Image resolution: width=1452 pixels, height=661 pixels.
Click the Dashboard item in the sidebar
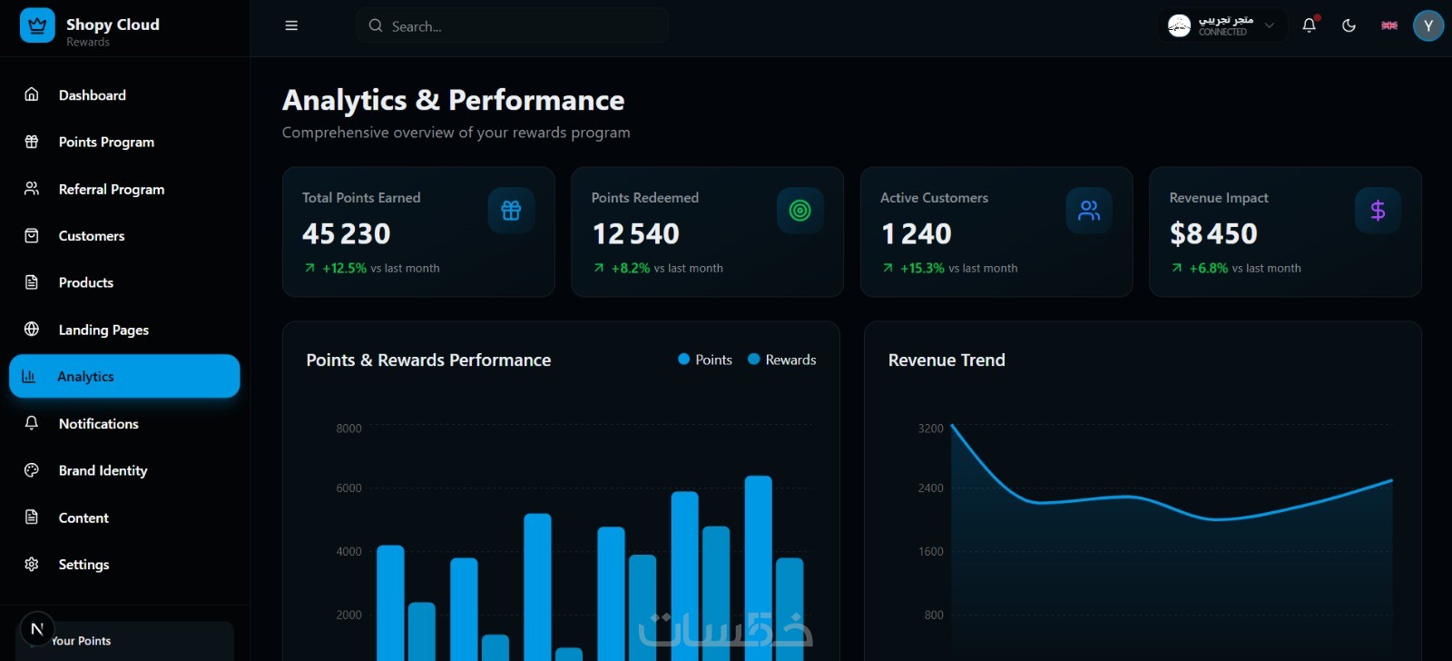point(92,95)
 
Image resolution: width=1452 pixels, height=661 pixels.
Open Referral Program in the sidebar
point(111,189)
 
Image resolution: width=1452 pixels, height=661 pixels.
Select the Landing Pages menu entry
point(103,330)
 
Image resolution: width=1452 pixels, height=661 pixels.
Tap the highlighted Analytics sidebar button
point(124,376)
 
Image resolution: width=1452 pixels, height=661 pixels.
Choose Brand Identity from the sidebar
point(103,470)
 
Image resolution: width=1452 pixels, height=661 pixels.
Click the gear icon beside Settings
point(32,565)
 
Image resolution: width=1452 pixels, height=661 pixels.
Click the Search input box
point(513,26)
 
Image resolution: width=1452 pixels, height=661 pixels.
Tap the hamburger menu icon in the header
point(291,25)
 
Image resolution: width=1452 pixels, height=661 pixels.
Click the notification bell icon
point(1309,25)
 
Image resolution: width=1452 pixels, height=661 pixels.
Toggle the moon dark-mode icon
point(1349,25)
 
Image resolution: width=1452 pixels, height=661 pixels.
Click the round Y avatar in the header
point(1427,25)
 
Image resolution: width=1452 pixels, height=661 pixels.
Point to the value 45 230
point(346,234)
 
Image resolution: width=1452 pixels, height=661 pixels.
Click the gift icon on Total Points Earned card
point(511,211)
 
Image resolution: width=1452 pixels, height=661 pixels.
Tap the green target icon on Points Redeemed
point(800,211)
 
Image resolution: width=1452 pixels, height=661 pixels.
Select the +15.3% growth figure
point(922,268)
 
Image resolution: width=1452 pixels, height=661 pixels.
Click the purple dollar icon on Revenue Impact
point(1378,211)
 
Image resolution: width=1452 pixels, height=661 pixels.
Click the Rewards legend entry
point(781,360)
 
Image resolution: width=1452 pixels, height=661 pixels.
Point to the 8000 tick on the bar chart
point(348,429)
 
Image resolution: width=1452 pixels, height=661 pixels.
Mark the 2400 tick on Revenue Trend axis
point(930,488)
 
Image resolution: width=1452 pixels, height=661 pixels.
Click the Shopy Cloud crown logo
point(37,25)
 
